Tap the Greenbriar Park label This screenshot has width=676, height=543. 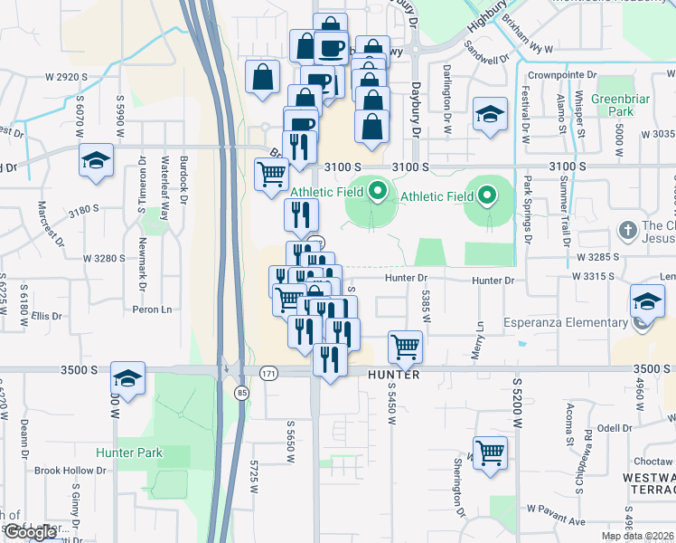(613, 104)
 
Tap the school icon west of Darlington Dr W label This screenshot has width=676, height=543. (490, 114)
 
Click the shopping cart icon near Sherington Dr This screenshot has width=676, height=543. (490, 452)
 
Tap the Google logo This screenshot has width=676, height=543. (31, 532)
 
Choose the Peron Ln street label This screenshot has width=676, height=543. (152, 310)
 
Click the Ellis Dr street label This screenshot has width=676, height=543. (45, 317)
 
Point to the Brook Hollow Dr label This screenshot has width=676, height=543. (70, 471)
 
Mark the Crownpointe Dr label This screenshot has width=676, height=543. (564, 75)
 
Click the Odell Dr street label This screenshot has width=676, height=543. (613, 428)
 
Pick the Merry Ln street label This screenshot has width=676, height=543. (480, 338)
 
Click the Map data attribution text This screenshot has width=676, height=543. (638, 536)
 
